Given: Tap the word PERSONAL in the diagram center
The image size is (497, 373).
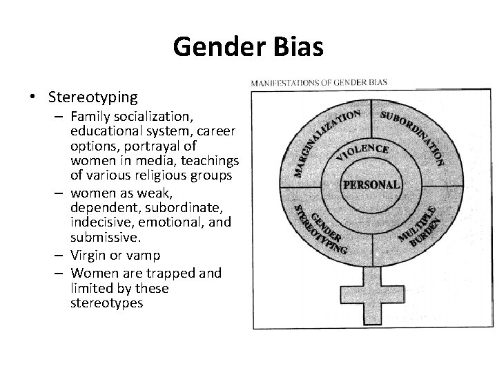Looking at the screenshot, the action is [x=371, y=184].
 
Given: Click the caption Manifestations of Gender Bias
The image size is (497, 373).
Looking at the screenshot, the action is [x=318, y=82].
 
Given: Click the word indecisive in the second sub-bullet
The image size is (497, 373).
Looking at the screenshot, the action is [x=101, y=222].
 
